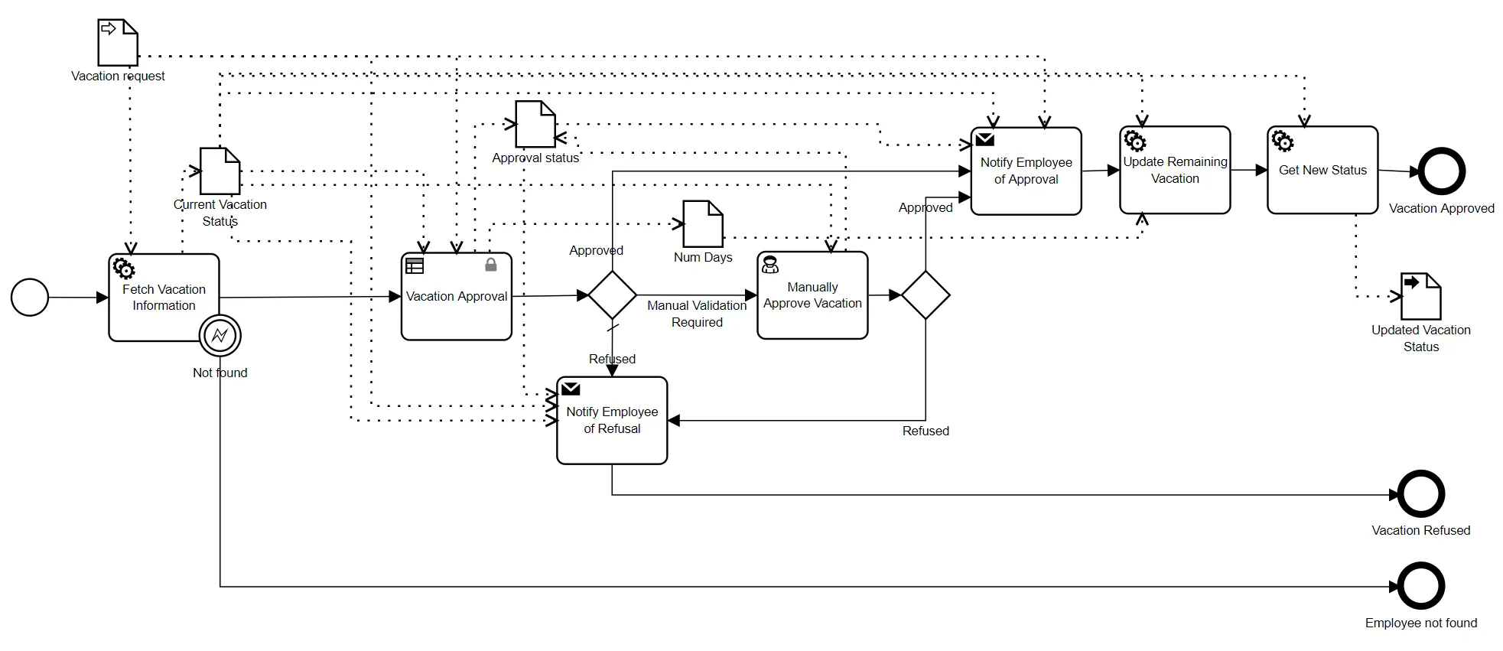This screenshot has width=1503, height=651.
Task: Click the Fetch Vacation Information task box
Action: tap(164, 298)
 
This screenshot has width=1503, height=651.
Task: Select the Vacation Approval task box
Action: tap(457, 297)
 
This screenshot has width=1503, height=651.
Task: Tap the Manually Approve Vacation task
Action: tap(812, 295)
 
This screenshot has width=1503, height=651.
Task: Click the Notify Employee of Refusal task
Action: tap(612, 420)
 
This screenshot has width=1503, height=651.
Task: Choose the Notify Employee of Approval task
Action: tap(1026, 171)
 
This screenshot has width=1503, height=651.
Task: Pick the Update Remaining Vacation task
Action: tap(1175, 170)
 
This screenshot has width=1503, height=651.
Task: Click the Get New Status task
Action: tap(1322, 170)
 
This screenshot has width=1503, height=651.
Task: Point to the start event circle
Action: tap(30, 298)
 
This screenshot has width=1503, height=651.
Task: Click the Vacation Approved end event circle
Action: tap(1442, 172)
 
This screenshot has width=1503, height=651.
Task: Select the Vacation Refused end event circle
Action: tap(1421, 494)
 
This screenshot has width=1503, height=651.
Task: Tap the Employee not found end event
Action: tap(1421, 587)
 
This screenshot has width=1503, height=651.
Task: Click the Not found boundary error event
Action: tap(220, 335)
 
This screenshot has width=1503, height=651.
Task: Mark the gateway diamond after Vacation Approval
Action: tap(612, 295)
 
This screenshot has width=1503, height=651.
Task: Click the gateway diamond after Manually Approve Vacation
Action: tap(926, 295)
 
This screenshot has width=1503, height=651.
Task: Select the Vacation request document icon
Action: tap(118, 43)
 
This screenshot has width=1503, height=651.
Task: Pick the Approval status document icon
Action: tap(535, 124)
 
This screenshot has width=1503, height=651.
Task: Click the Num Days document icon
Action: tap(703, 223)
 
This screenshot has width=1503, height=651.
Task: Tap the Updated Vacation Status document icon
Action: tap(1421, 296)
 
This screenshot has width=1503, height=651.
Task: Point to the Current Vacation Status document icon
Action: tap(220, 171)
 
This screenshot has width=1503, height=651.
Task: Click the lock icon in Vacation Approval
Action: tap(491, 265)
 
